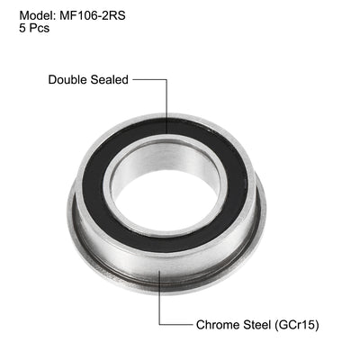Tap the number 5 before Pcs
coord(22,28)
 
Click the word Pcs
coord(38,28)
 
